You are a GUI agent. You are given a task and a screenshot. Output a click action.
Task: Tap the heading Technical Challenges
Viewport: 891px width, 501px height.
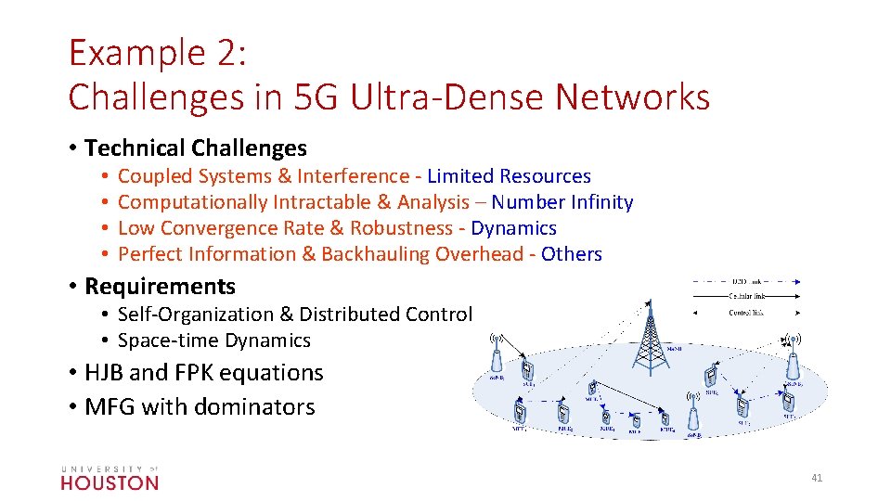(196, 148)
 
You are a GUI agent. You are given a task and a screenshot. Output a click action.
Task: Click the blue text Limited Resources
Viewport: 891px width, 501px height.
(509, 176)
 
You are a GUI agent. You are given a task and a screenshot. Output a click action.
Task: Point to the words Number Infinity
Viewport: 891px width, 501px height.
(562, 202)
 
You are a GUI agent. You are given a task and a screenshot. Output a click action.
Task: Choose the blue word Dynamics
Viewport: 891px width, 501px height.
(514, 228)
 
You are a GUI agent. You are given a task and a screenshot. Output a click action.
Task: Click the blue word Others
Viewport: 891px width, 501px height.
(572, 254)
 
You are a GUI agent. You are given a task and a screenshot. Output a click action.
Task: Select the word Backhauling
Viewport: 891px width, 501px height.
(377, 254)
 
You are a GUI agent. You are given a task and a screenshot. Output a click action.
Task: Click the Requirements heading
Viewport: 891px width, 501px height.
(160, 286)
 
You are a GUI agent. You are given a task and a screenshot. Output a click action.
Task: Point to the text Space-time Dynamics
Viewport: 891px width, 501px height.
(214, 340)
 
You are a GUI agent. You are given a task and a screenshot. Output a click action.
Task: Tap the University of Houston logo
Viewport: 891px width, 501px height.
(110, 477)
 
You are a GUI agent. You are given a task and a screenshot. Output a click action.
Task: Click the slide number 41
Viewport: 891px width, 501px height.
(817, 478)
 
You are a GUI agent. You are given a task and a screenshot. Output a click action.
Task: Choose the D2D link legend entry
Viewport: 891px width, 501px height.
(746, 281)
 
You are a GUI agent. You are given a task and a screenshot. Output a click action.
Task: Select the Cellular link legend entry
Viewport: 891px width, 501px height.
(746, 297)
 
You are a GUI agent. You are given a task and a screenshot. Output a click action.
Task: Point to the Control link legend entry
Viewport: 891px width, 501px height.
(746, 313)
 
